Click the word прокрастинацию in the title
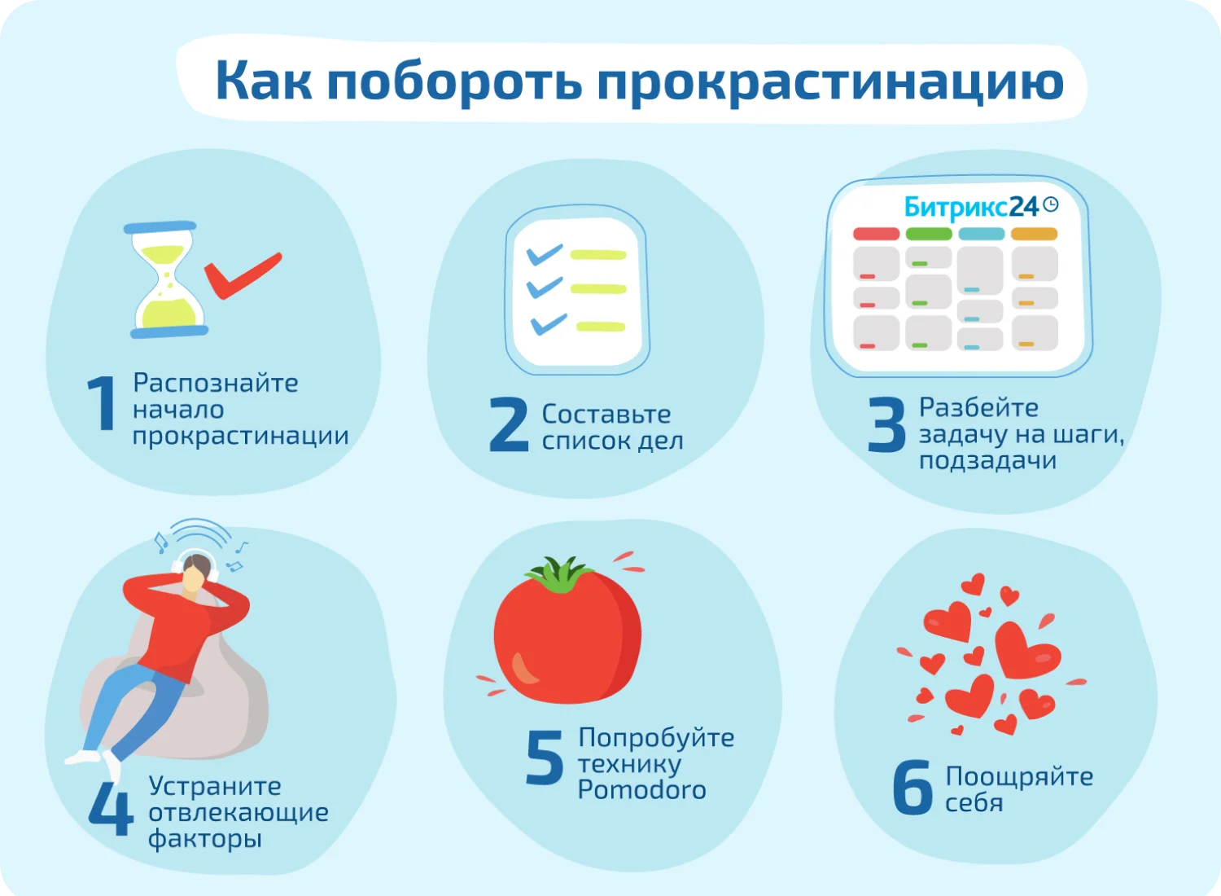click(830, 83)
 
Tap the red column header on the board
click(876, 234)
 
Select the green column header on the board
click(929, 234)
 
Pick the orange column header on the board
click(1034, 234)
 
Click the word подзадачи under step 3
click(987, 461)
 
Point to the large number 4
click(112, 809)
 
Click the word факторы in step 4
click(205, 839)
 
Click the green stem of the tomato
click(560, 574)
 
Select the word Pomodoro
click(641, 790)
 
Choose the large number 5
click(545, 757)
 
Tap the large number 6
click(912, 788)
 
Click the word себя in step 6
click(974, 803)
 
